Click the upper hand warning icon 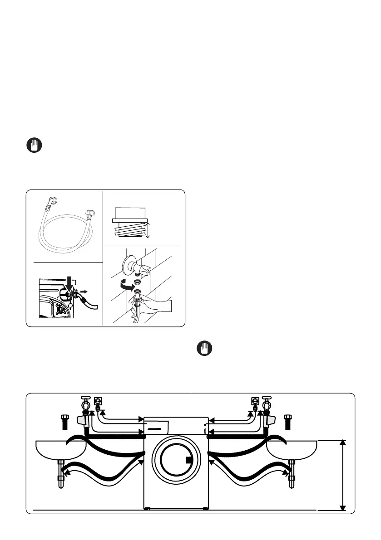pyautogui.click(x=33, y=146)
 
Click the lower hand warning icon pyautogui.click(x=204, y=348)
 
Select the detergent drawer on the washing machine pyautogui.click(x=156, y=426)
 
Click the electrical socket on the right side pyautogui.click(x=255, y=401)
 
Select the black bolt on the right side pyautogui.click(x=287, y=420)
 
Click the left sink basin pyautogui.click(x=60, y=448)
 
